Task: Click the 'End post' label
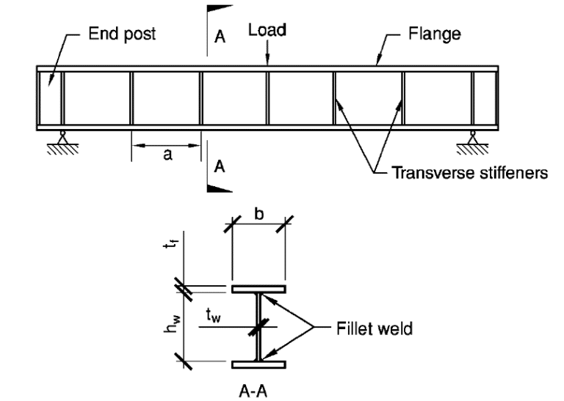(123, 34)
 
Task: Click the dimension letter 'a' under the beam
(167, 155)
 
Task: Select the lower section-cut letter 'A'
(218, 167)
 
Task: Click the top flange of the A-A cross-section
(258, 289)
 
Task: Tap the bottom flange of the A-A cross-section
(258, 364)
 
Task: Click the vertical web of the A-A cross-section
(258, 326)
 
